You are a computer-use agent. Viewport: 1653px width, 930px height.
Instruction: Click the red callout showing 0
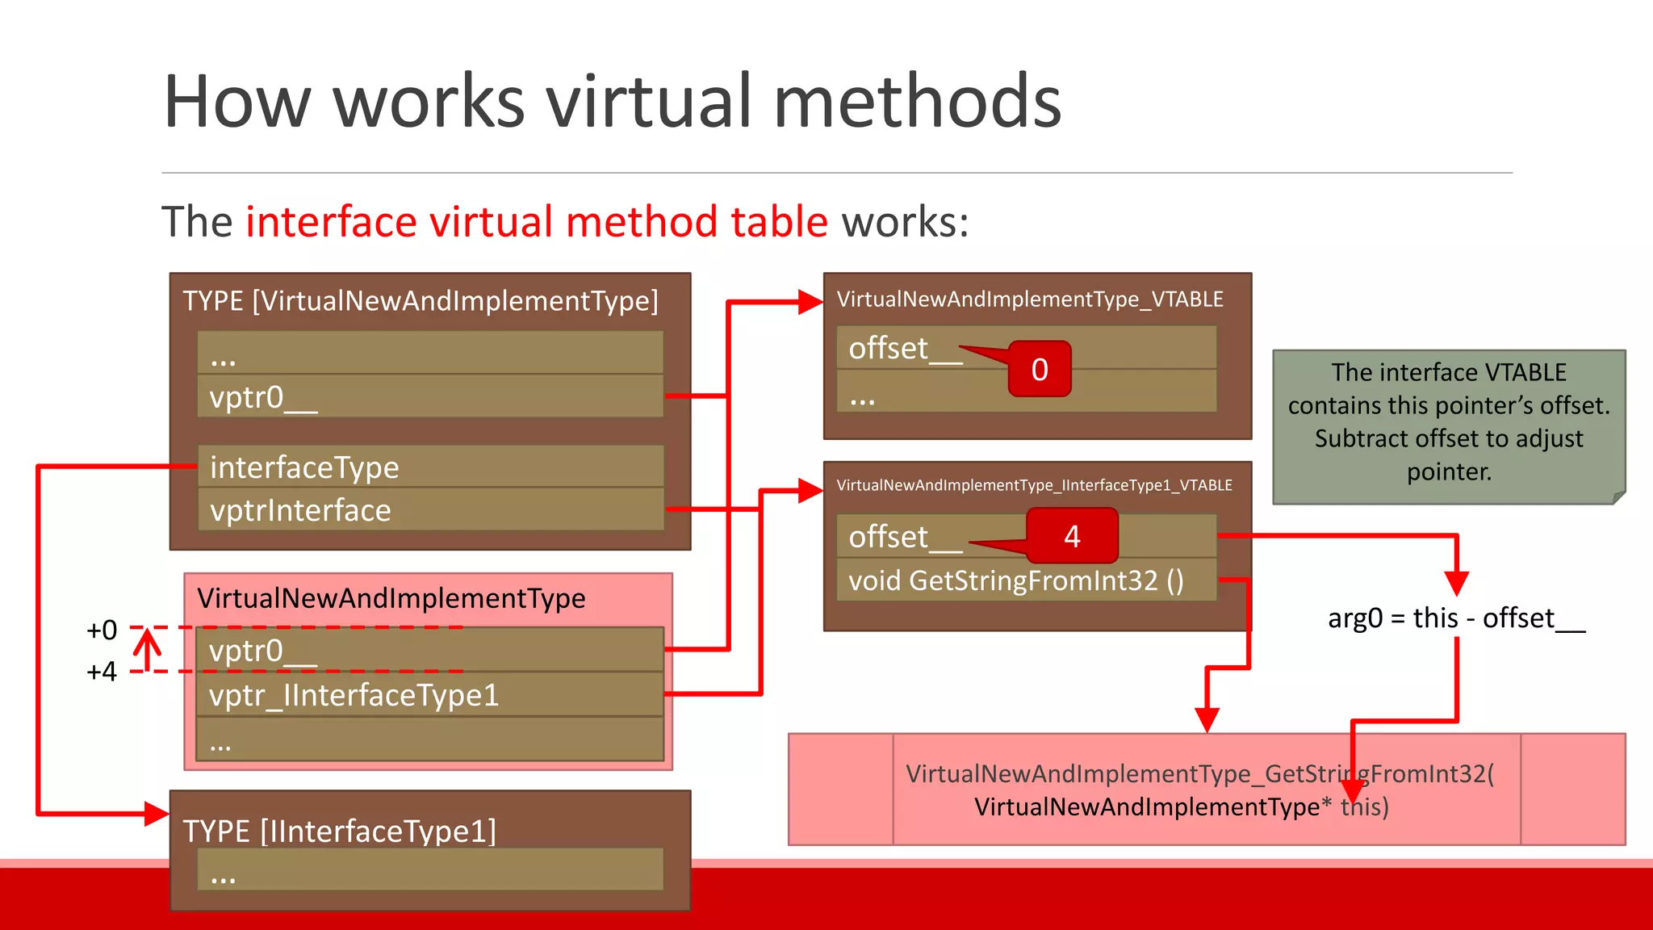pos(1040,369)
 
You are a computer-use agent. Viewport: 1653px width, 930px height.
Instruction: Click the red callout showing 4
pos(1072,536)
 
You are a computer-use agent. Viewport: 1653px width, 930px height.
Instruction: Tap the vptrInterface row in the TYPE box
pos(430,510)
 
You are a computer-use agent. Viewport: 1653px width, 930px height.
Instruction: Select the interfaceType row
pos(430,467)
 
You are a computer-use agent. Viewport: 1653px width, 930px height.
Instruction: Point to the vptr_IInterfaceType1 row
pos(429,695)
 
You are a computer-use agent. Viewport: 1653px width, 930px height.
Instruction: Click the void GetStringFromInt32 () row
pos(1025,580)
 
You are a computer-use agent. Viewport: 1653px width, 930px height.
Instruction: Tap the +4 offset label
pos(102,672)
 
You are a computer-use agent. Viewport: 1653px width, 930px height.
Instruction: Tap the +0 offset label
pos(102,630)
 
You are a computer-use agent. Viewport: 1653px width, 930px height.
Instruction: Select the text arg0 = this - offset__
pos(1456,618)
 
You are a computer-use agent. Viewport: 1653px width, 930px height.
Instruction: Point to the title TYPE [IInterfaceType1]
pos(340,831)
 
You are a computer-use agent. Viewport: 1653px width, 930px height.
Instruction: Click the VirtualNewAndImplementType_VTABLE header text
pos(1030,300)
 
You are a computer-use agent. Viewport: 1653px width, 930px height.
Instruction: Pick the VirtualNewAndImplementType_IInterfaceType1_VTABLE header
pos(1034,485)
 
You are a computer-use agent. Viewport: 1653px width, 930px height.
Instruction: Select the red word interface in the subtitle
pos(331,222)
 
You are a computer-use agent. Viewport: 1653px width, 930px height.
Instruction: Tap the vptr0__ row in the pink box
pos(429,651)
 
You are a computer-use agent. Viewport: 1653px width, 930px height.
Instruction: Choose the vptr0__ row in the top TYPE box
pos(430,397)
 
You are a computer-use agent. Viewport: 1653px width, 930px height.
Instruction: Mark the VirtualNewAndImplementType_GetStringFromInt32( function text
pos(1199,774)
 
